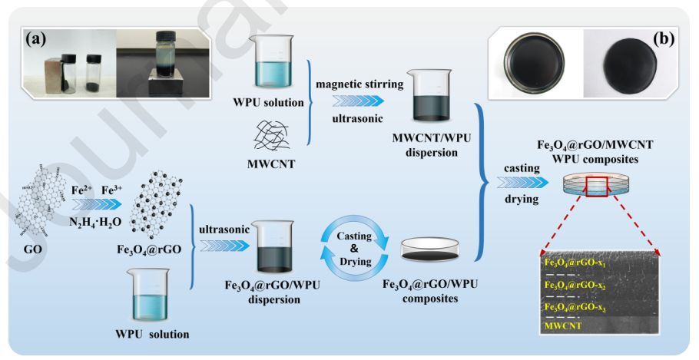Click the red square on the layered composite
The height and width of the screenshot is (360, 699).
[x=600, y=185]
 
